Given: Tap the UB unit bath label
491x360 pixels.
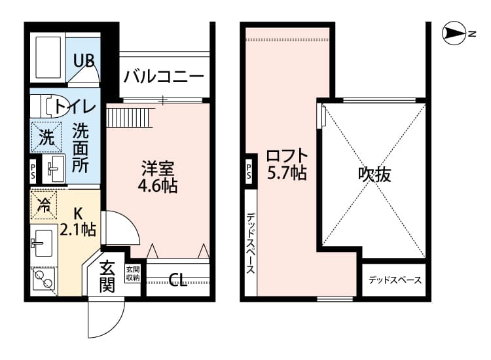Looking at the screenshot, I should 83,61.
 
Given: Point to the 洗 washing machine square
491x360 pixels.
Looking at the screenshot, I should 45,137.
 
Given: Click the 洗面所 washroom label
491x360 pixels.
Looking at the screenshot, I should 81,148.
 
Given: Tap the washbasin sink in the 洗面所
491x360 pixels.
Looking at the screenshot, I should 54,170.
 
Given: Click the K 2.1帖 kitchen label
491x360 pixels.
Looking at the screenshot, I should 78,221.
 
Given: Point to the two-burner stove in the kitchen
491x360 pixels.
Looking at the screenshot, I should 44,279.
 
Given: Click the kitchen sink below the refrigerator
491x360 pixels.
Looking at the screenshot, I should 44,244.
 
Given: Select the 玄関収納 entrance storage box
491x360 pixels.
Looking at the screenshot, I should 132,274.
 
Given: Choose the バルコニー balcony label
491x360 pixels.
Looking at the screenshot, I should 163,76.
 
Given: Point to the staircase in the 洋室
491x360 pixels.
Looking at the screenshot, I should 129,118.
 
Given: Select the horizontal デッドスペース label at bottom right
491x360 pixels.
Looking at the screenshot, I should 394,280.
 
